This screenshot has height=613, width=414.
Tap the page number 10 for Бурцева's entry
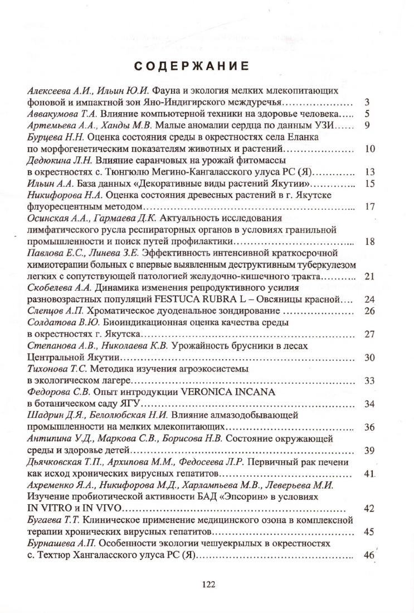pos(368,149)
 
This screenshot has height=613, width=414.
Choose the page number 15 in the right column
pos(368,185)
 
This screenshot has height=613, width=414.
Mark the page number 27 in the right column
pos(368,335)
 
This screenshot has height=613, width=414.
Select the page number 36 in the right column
pos(368,427)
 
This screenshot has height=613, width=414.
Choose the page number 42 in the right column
pos(368,509)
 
